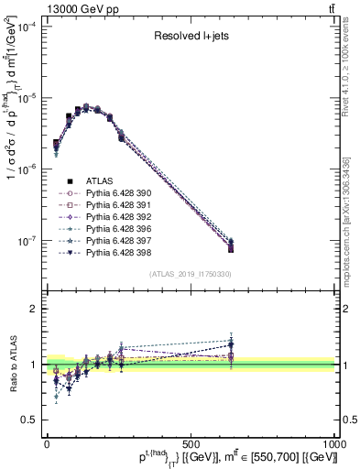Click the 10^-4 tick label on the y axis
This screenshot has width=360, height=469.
[27, 27]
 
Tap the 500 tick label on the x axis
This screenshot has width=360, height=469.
[191, 443]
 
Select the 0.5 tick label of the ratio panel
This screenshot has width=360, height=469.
[29, 420]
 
